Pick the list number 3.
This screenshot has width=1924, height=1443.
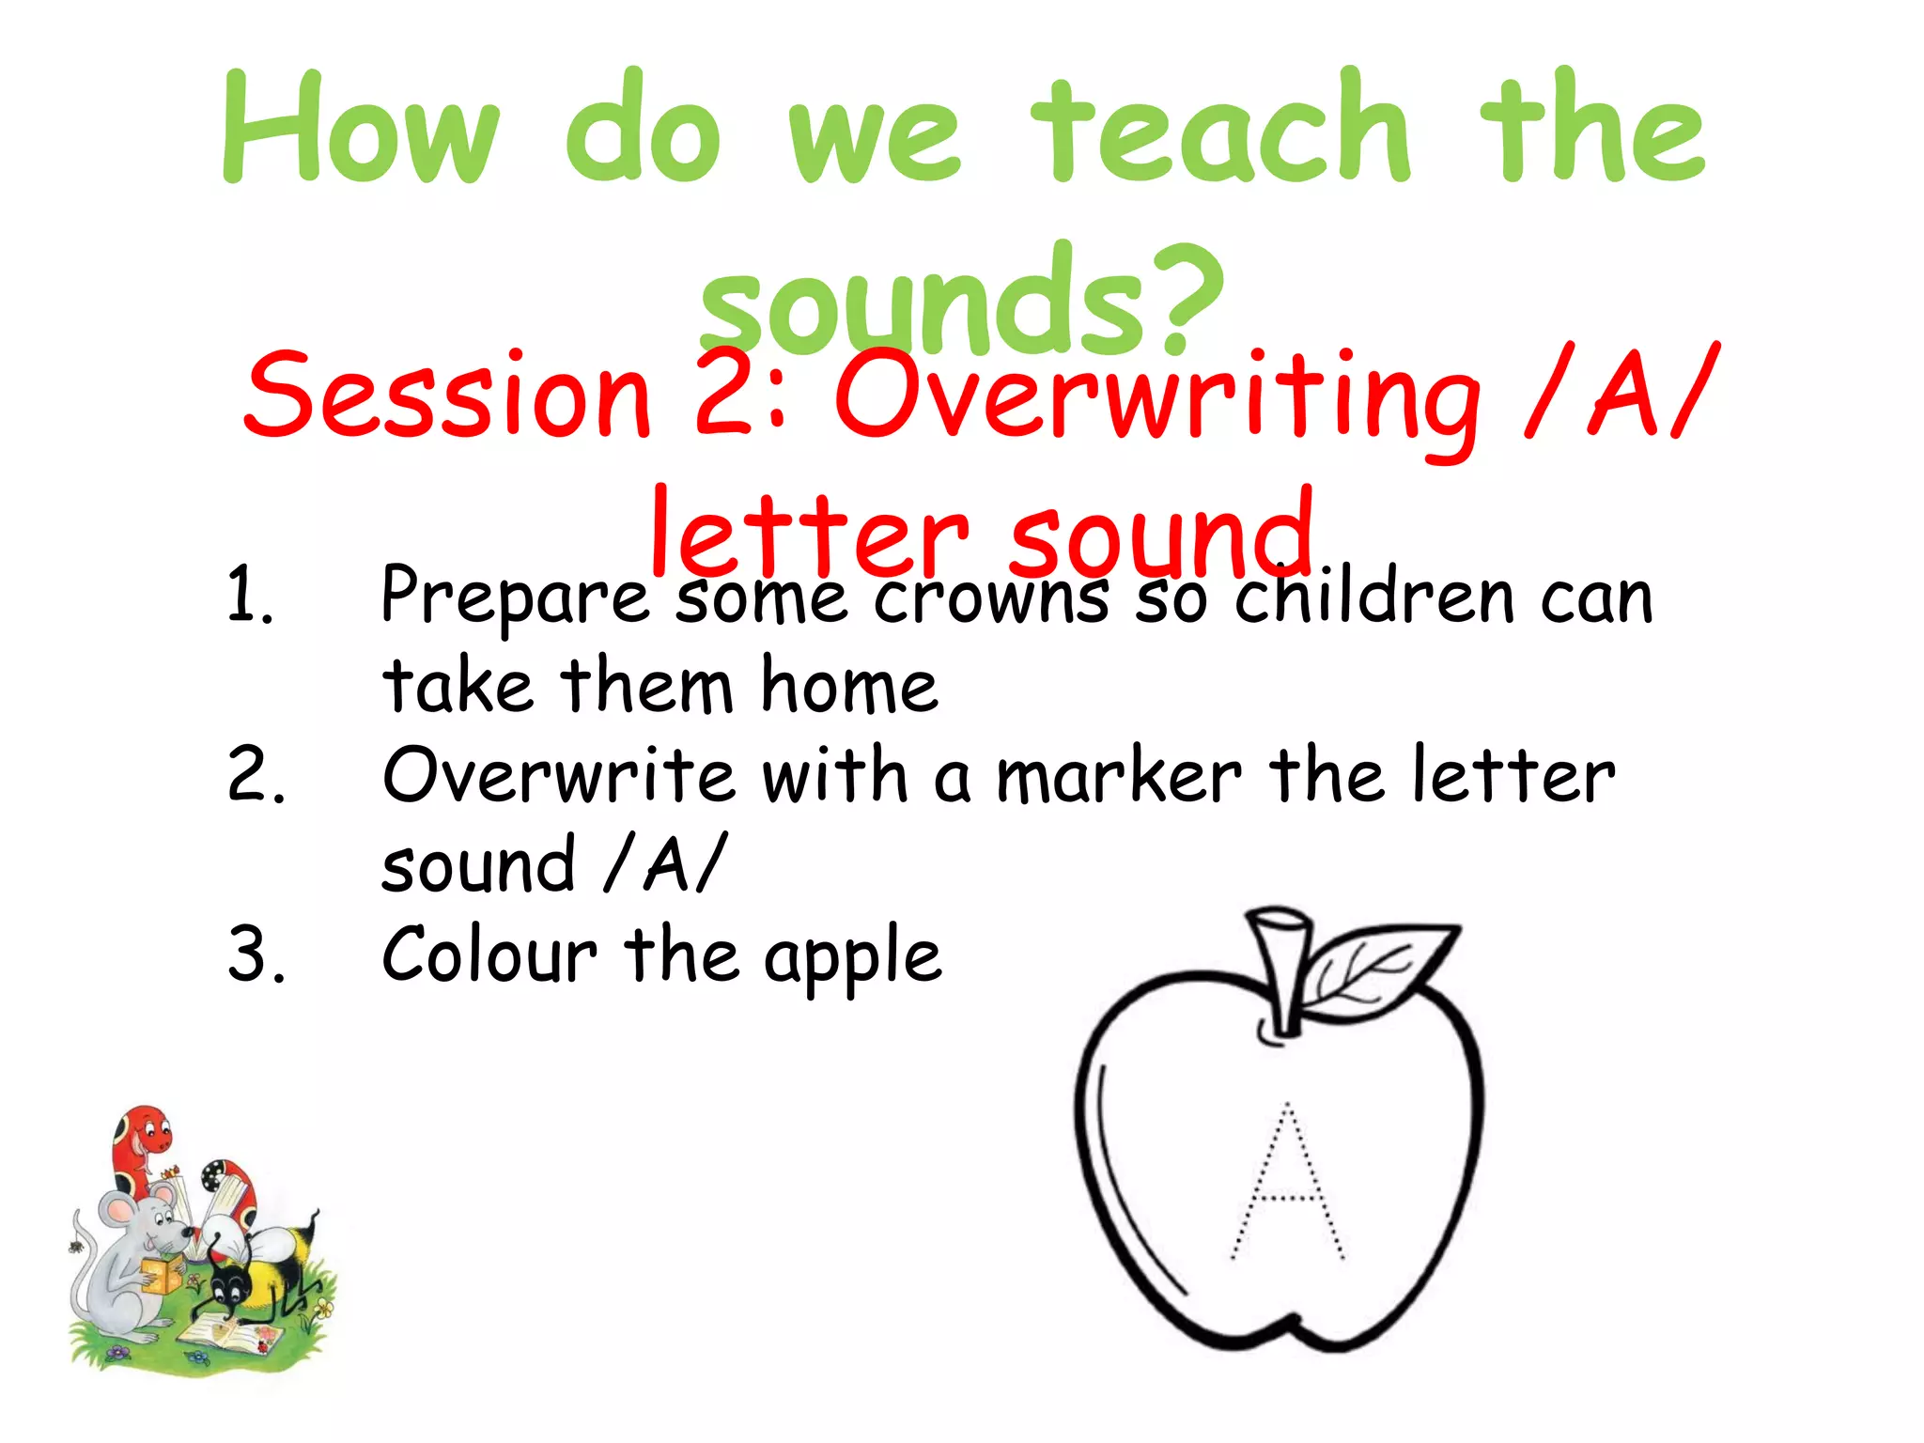click(x=256, y=954)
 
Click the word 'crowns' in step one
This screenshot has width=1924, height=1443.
click(x=990, y=597)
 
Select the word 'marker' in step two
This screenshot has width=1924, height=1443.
click(x=1118, y=776)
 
